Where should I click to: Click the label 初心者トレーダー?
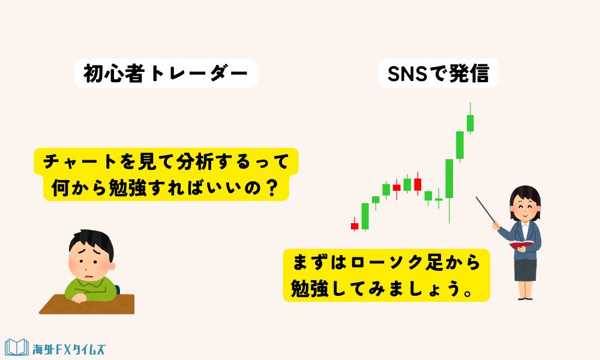[x=166, y=74]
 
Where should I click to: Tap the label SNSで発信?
[x=438, y=74]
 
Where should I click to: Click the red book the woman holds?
[x=521, y=244]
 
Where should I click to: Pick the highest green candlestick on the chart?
[x=471, y=122]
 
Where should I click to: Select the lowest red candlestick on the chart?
[x=355, y=226]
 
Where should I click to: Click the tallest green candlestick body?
[x=449, y=178]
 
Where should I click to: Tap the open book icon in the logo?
[x=17, y=347]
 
